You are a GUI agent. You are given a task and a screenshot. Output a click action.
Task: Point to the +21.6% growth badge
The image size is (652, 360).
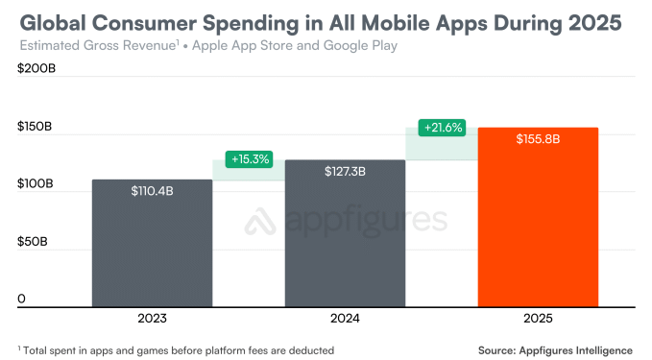coord(442,127)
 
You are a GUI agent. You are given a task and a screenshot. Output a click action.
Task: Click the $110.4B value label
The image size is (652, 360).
coord(153,191)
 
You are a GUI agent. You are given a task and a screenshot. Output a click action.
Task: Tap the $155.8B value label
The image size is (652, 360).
coord(538,139)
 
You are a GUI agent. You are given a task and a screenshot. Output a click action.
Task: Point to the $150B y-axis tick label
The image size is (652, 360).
coord(35,128)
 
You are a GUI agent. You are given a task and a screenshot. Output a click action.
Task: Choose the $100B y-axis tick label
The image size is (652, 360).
coord(35,184)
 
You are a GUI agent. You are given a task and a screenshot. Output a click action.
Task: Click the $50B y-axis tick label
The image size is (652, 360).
coord(33,242)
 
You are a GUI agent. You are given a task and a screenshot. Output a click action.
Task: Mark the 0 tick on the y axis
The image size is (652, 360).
coord(21,299)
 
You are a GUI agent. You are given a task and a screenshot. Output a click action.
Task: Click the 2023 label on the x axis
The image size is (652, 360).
coord(153,319)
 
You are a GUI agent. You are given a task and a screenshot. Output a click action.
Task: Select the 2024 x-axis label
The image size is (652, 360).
coord(345,319)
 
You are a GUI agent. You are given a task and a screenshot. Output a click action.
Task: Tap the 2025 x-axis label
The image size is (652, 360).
coord(538,319)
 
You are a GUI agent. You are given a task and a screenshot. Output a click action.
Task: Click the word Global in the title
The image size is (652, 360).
coord(56,21)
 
